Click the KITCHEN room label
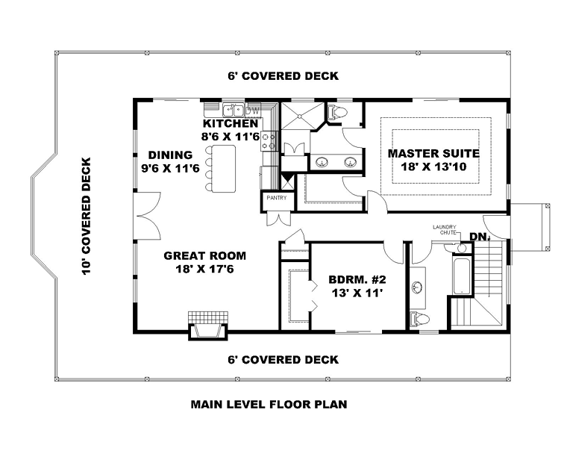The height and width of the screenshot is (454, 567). pos(231,123)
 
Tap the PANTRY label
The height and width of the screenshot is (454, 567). pos(277,198)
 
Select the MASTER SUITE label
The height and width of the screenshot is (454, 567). pos(433,154)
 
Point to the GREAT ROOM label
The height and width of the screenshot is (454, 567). pos(204,255)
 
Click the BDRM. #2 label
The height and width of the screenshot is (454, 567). pos(357,279)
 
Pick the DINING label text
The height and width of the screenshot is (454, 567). pos(170,155)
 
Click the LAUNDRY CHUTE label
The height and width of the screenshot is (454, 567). pos(445,229)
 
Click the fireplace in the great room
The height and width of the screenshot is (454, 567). pos(208,326)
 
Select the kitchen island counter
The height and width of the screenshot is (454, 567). pos(224,168)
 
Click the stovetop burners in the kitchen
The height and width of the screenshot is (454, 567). pos(269,141)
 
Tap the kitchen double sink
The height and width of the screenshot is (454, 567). pos(233,108)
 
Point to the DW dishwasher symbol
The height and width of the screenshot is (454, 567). pos(254,111)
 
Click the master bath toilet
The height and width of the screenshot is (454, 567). pos(336,112)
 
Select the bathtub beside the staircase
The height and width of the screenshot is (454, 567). pos(462,276)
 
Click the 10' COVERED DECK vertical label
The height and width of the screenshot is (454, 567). pos(87,216)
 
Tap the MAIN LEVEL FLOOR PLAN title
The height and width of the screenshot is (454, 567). pos(269,404)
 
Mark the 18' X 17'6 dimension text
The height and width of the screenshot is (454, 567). pos(204,269)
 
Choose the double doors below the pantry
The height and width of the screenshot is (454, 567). pos(278,219)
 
